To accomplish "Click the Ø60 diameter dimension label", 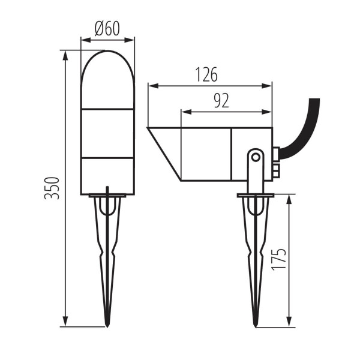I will point(107,28).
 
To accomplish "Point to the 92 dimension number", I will point(221,101).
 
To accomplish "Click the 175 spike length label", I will point(278,260).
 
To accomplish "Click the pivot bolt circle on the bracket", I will point(256,157).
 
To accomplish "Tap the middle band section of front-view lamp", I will point(107,133).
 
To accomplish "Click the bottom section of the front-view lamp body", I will point(107,176).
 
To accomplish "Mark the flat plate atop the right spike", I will point(256,194).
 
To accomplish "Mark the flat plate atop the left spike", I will point(107,195).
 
